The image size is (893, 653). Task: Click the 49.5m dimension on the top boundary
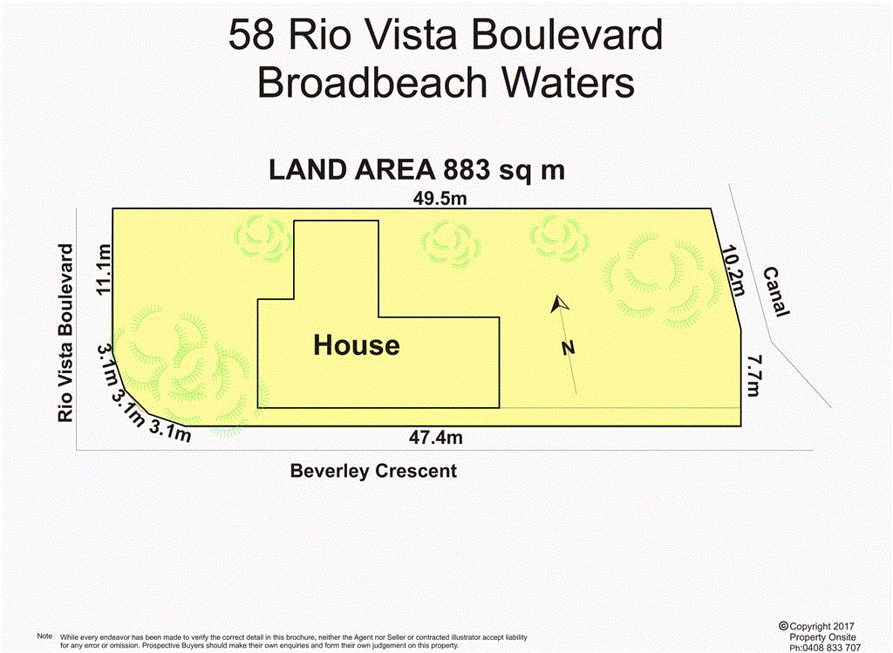440,199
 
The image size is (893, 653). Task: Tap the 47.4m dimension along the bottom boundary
436,438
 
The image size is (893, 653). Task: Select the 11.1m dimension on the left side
105,269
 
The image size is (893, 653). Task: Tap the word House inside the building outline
357,345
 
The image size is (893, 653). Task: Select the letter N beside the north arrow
569,348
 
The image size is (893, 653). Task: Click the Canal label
776,292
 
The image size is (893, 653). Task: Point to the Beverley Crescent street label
373,472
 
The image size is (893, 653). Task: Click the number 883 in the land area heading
473,169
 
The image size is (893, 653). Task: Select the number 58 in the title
250,37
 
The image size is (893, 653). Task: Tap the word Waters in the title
566,84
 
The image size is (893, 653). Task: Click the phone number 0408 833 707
829,647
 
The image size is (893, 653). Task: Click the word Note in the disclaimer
45,636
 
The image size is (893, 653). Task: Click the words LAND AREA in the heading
353,169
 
